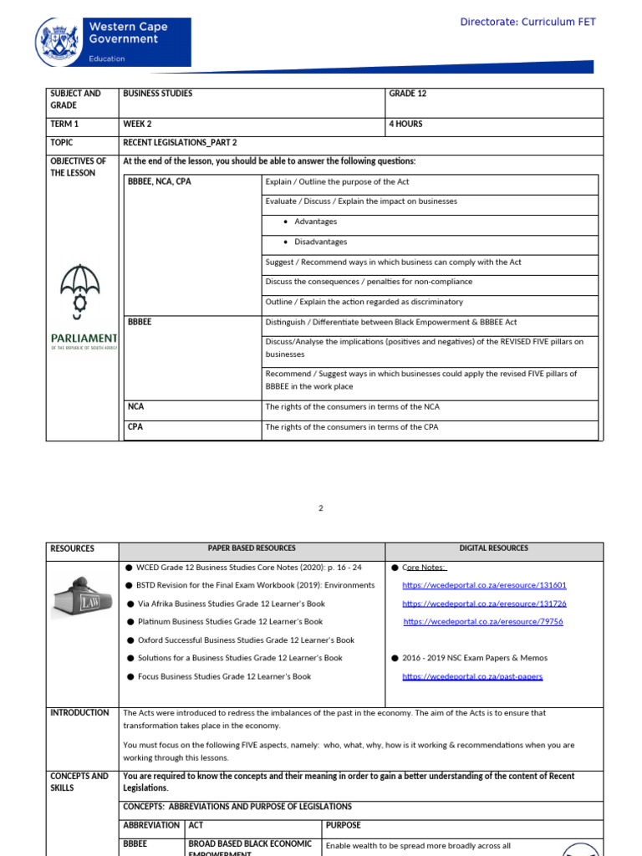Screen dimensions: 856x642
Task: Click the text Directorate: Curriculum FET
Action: pyautogui.click(x=527, y=22)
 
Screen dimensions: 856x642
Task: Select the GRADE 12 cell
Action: pyautogui.click(x=408, y=94)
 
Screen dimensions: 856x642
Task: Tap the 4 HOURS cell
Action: pyautogui.click(x=406, y=124)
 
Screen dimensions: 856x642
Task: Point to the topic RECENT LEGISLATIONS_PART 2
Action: pyautogui.click(x=180, y=142)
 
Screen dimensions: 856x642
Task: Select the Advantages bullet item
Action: pyautogui.click(x=315, y=222)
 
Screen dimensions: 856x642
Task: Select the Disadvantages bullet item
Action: pyautogui.click(x=320, y=242)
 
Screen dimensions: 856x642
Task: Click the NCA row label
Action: pyautogui.click(x=135, y=407)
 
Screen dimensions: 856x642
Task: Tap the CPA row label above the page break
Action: pyautogui.click(x=135, y=427)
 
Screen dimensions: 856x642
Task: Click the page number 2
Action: pyautogui.click(x=320, y=507)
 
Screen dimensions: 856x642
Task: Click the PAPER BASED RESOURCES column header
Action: pyautogui.click(x=252, y=548)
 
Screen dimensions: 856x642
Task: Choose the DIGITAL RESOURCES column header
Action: pyautogui.click(x=493, y=548)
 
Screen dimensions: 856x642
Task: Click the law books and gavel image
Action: pyautogui.click(x=82, y=597)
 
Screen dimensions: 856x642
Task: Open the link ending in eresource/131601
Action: pyautogui.click(x=484, y=585)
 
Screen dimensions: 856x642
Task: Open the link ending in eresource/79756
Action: pyautogui.click(x=483, y=622)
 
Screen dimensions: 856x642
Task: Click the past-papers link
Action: pyautogui.click(x=472, y=676)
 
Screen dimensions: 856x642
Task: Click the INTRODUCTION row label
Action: pyautogui.click(x=79, y=713)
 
